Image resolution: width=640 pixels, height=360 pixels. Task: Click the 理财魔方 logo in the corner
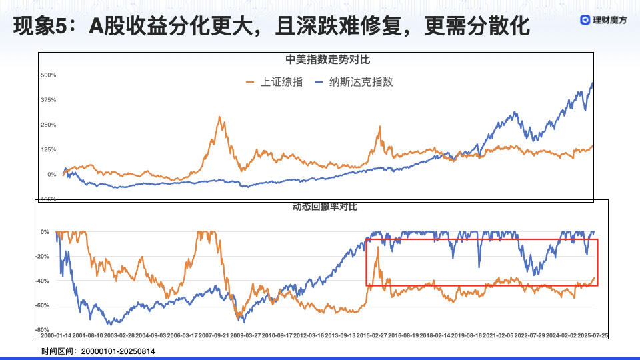[x=603, y=20]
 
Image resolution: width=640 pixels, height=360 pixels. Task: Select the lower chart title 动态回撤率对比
[x=325, y=207]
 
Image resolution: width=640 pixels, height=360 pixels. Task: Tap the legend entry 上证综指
[x=274, y=82]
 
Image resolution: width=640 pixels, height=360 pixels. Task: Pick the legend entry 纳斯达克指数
[x=355, y=82]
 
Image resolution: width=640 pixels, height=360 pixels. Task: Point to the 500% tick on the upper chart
[x=48, y=75]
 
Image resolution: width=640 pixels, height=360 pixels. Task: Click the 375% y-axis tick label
[x=48, y=100]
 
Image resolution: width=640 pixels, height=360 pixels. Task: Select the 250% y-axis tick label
[x=48, y=125]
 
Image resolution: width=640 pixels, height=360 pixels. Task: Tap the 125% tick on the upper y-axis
[x=48, y=149]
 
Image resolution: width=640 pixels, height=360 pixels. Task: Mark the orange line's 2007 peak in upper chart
[x=219, y=117]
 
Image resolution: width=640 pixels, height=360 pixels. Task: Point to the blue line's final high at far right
[x=593, y=83]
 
